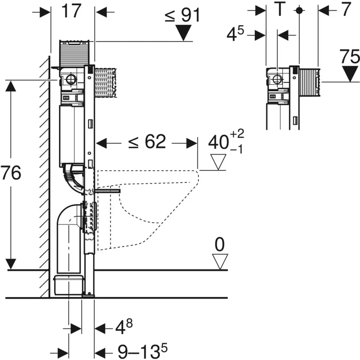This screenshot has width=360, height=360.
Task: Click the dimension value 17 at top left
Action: (x=72, y=11)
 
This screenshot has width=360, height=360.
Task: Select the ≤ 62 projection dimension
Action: (x=147, y=142)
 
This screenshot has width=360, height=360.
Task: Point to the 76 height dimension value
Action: (x=10, y=173)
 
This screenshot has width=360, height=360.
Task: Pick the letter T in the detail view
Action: (x=280, y=9)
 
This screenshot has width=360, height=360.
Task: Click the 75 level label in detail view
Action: (x=350, y=57)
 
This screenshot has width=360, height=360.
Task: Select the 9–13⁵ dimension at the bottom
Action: (x=143, y=350)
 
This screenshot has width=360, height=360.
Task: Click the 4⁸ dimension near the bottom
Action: (x=124, y=326)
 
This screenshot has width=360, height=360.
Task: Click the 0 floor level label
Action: (x=219, y=245)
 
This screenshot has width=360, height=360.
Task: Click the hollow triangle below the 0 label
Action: (x=220, y=262)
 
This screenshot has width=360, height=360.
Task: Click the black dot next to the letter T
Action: (x=299, y=10)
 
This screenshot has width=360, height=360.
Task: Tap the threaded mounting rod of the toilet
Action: (x=107, y=191)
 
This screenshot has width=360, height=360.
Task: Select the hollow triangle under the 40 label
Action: (x=218, y=162)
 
